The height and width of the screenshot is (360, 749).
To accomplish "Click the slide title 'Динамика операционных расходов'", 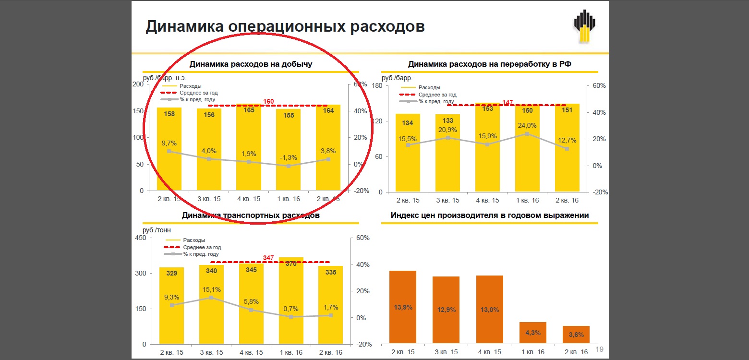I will (285, 26).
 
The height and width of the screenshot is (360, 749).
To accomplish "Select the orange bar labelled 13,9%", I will (402, 307).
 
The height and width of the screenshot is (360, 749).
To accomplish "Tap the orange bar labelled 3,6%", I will (576, 335).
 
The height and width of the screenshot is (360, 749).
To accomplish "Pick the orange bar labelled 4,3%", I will (532, 333).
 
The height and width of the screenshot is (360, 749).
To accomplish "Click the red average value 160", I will (268, 101).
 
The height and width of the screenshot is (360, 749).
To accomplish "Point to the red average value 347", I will (268, 258).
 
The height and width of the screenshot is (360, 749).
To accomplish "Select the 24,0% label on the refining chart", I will (527, 125).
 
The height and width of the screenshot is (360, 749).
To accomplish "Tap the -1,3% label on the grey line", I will (289, 157).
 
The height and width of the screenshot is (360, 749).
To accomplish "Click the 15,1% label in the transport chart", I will (212, 289).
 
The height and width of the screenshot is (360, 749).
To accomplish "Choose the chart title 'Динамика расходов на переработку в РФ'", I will (489, 64).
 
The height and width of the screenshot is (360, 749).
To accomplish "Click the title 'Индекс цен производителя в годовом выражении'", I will (489, 216).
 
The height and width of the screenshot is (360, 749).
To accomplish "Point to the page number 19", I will (599, 349).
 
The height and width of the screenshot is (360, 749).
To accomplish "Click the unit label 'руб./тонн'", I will (157, 230).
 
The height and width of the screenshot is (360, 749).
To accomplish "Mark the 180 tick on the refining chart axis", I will (376, 86).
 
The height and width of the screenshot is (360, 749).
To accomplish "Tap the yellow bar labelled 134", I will (407, 153).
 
